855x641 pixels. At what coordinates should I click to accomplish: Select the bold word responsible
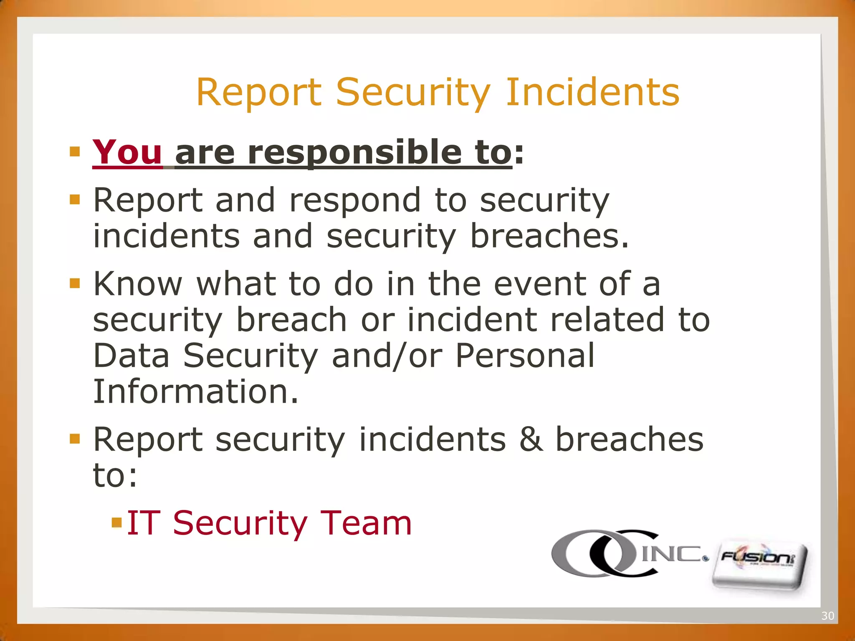pyautogui.click(x=355, y=153)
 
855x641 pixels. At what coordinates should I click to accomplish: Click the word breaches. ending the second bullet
pyautogui.click(x=549, y=236)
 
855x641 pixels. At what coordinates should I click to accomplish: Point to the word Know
pyautogui.click(x=138, y=284)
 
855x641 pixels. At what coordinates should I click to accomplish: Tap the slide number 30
pyautogui.click(x=827, y=616)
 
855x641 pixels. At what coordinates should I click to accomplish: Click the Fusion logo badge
pyautogui.click(x=759, y=565)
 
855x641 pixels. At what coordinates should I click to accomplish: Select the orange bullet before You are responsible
pyautogui.click(x=75, y=151)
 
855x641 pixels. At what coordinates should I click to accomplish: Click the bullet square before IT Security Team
pyautogui.click(x=116, y=522)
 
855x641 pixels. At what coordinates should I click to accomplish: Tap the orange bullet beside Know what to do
pyautogui.click(x=75, y=283)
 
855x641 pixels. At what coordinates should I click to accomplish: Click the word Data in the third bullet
pyautogui.click(x=131, y=356)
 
